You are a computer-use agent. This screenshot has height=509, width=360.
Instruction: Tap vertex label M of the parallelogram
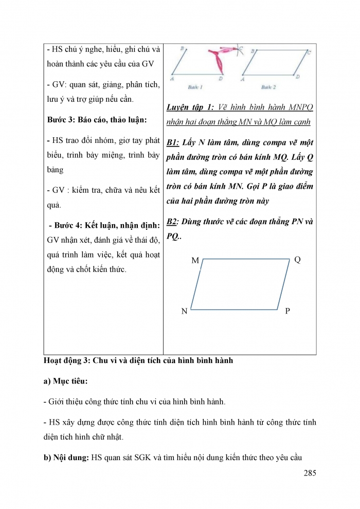(x=195, y=261)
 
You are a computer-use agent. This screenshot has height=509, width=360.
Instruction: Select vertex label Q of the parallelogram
(x=297, y=260)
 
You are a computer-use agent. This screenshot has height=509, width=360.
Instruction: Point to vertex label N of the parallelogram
(x=184, y=312)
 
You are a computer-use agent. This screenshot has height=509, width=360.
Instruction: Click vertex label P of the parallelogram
(x=287, y=311)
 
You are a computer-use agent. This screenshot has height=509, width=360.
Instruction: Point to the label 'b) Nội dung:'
(x=67, y=457)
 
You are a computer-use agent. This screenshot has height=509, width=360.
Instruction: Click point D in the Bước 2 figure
(x=298, y=76)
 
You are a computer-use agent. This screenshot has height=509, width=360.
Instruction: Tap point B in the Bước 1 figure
(x=182, y=48)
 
